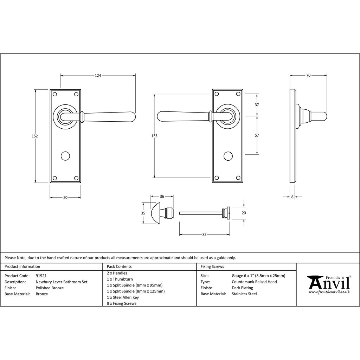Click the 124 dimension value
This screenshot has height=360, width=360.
(x=98, y=75)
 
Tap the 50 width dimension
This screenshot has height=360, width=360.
(x=65, y=198)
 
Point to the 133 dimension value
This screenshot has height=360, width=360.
(x=154, y=136)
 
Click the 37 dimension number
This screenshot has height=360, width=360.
(x=257, y=105)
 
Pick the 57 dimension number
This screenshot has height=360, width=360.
(x=257, y=135)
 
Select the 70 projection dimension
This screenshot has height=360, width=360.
(x=308, y=75)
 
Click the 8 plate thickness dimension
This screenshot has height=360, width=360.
(x=292, y=197)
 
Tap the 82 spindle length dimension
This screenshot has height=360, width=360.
(x=204, y=234)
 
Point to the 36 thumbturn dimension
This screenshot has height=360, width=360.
(x=162, y=197)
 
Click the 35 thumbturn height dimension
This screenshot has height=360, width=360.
(x=143, y=213)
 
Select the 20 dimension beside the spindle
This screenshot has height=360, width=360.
(x=244, y=213)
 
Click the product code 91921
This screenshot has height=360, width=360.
(x=42, y=276)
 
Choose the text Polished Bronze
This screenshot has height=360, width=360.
(x=49, y=288)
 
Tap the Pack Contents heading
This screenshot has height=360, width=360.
(x=119, y=266)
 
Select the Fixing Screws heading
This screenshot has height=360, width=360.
(x=212, y=266)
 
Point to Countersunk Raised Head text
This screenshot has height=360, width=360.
(x=254, y=282)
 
